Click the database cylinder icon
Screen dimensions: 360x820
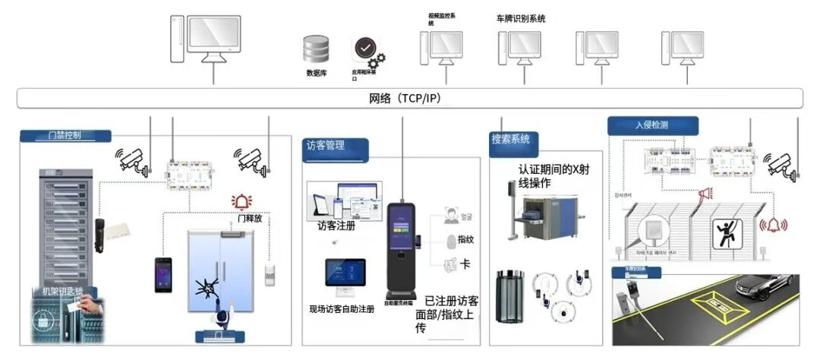316,50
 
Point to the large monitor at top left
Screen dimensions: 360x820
213,38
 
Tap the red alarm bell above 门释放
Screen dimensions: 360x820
242,202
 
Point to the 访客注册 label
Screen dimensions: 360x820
336,226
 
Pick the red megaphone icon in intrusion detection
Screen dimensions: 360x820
705,194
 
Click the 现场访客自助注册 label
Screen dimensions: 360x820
342,310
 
